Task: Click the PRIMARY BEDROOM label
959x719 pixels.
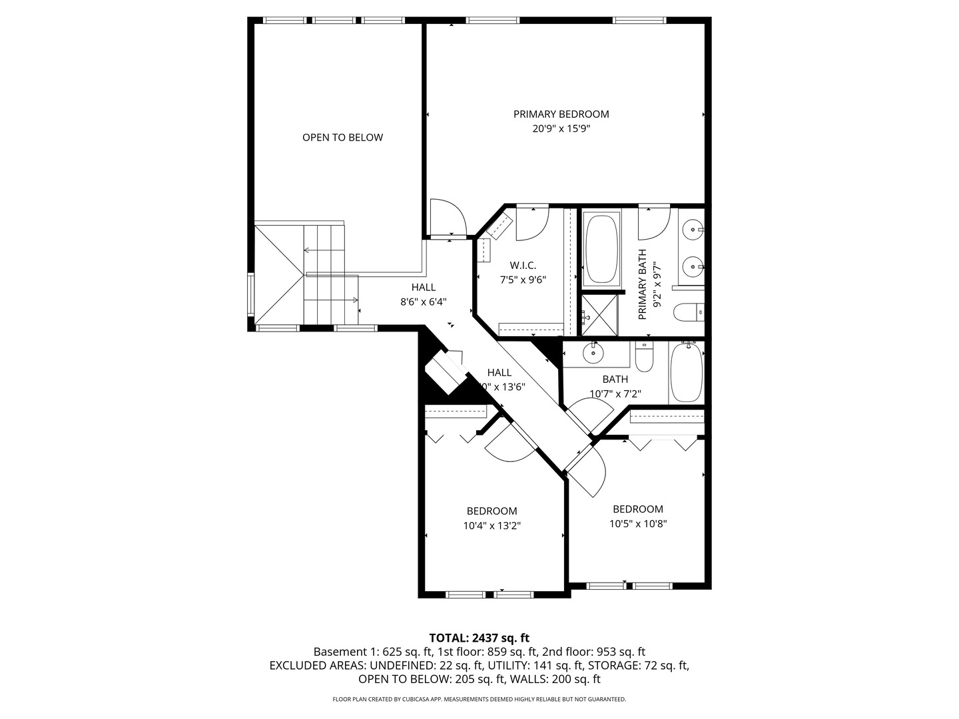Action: [x=561, y=114]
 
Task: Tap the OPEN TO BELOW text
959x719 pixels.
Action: [x=342, y=137]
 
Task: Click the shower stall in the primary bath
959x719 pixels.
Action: [x=599, y=316]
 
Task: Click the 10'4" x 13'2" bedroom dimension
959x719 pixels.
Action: [x=491, y=525]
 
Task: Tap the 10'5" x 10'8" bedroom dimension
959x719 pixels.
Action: [x=638, y=523]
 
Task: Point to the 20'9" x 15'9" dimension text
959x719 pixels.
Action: [x=561, y=128]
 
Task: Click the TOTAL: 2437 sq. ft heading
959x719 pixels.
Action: [x=479, y=638]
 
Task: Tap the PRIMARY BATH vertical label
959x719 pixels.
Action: [x=643, y=284]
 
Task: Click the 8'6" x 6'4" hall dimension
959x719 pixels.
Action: [x=423, y=302]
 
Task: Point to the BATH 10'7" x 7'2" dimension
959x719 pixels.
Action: [x=615, y=393]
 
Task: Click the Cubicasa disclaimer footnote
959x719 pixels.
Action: [x=479, y=699]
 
